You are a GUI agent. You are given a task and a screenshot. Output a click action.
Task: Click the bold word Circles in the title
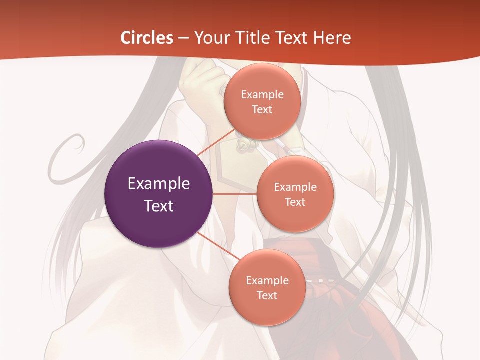click(x=146, y=38)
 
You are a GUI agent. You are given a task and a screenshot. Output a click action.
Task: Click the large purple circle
click(x=159, y=194)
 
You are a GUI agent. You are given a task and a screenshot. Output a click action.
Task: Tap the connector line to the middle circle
click(x=235, y=194)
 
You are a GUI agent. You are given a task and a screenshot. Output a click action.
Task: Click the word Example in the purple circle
click(x=159, y=184)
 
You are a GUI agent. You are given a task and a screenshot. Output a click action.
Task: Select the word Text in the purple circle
click(x=159, y=206)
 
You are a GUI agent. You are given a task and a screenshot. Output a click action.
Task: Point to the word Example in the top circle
click(x=262, y=95)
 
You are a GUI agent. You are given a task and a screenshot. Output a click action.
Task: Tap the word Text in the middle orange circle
click(x=295, y=202)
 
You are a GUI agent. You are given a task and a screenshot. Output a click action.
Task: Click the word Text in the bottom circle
click(x=267, y=296)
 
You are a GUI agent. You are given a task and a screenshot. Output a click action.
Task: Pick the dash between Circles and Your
click(x=183, y=38)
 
